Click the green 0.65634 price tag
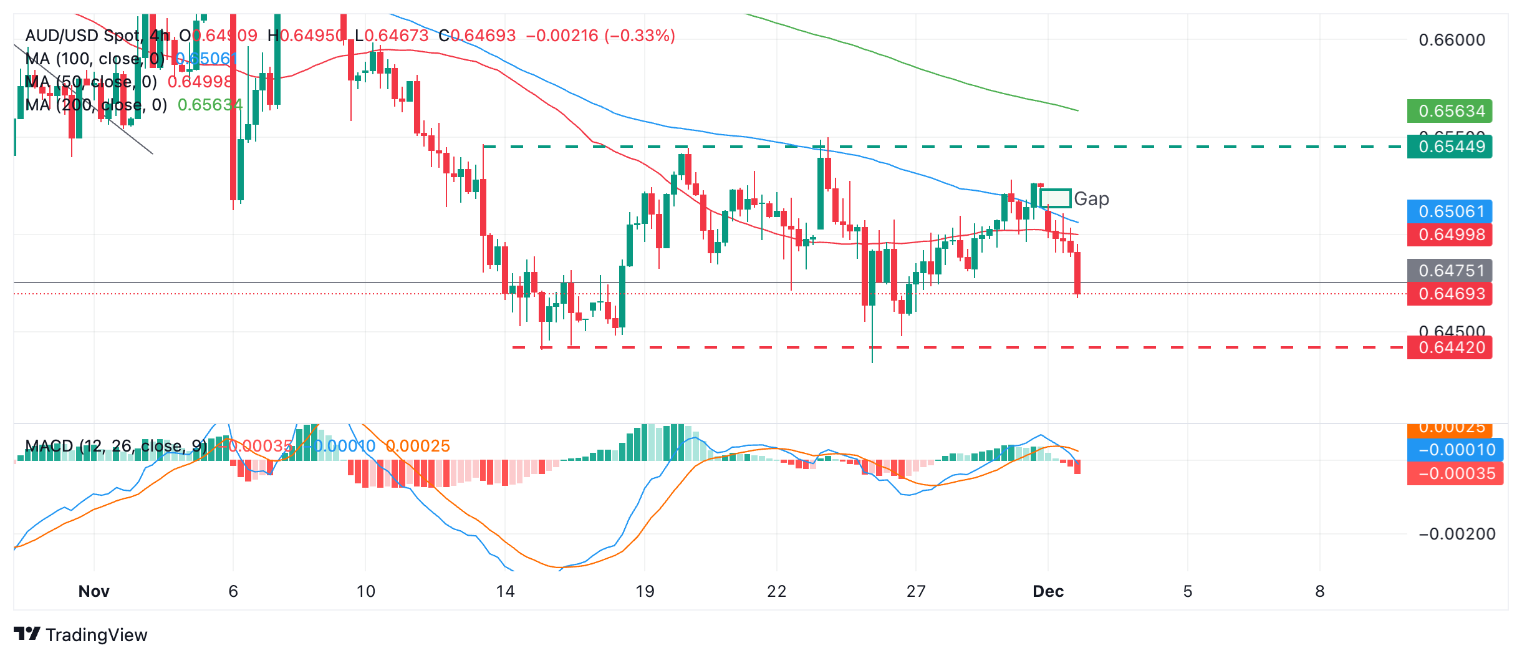pyautogui.click(x=1449, y=111)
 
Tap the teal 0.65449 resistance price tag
pyautogui.click(x=1449, y=147)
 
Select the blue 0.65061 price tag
pyautogui.click(x=1449, y=211)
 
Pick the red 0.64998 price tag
pyautogui.click(x=1449, y=235)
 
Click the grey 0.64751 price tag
pyautogui.click(x=1449, y=271)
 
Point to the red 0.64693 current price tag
pyautogui.click(x=1449, y=294)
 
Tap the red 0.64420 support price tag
pyautogui.click(x=1449, y=347)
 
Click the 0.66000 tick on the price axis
pyautogui.click(x=1452, y=40)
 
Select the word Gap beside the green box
pyautogui.click(x=1091, y=199)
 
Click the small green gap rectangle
pyautogui.click(x=1055, y=198)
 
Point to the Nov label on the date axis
pyautogui.click(x=94, y=591)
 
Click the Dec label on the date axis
pyautogui.click(x=1048, y=591)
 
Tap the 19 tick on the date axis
pyautogui.click(x=645, y=591)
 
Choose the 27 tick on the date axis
pyautogui.click(x=915, y=591)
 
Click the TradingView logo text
pyautogui.click(x=96, y=635)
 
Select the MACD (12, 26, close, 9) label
pyautogui.click(x=116, y=446)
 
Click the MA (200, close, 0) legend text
pyautogui.click(x=96, y=105)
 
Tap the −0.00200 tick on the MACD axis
pyautogui.click(x=1457, y=534)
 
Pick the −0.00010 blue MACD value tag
pyautogui.click(x=1455, y=450)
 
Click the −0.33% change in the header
pyautogui.click(x=640, y=36)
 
